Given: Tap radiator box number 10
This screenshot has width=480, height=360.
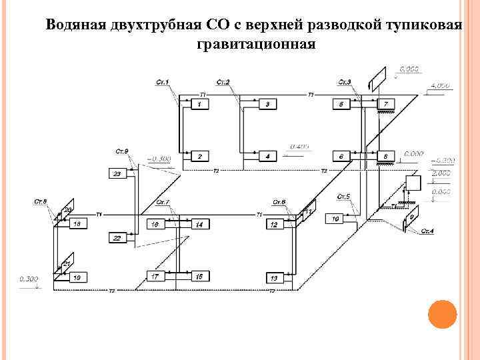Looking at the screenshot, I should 335,219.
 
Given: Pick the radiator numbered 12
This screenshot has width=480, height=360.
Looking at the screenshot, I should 273,225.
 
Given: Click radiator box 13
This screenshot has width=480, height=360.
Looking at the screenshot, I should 273,277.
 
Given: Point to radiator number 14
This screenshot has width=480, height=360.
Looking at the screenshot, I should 199,225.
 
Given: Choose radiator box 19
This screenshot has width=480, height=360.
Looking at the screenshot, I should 78,277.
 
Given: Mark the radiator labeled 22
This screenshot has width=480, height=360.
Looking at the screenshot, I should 117,238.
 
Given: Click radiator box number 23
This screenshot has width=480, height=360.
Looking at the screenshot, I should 117,174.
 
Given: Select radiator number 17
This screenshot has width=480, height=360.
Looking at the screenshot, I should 155,276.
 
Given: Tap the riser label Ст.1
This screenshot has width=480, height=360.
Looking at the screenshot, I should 163,83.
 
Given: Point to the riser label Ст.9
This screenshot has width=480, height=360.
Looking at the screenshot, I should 122,151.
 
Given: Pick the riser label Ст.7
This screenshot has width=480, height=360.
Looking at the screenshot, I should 163,202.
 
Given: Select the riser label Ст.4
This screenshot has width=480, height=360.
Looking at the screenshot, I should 427,231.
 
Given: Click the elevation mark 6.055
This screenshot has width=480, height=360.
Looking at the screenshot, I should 409,69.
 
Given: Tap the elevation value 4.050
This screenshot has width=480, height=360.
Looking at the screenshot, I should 441,86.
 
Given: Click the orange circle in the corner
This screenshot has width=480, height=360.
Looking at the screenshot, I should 441,315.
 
